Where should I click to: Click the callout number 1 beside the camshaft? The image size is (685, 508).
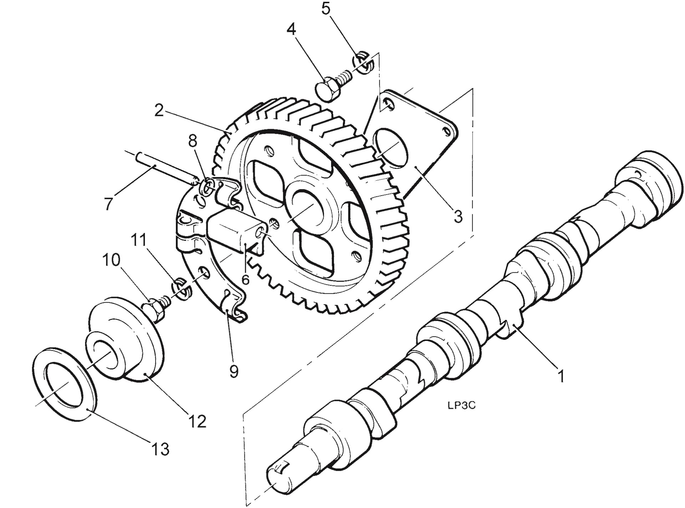coord(561,376)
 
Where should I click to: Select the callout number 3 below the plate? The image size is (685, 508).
coord(458,216)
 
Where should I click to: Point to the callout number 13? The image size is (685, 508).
coord(160,449)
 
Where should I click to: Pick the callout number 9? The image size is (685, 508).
coord(234,372)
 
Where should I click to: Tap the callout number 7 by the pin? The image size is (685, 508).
coord(108,204)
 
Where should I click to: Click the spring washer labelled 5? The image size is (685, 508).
coord(362,64)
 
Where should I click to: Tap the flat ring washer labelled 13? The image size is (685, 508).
coord(64,386)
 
